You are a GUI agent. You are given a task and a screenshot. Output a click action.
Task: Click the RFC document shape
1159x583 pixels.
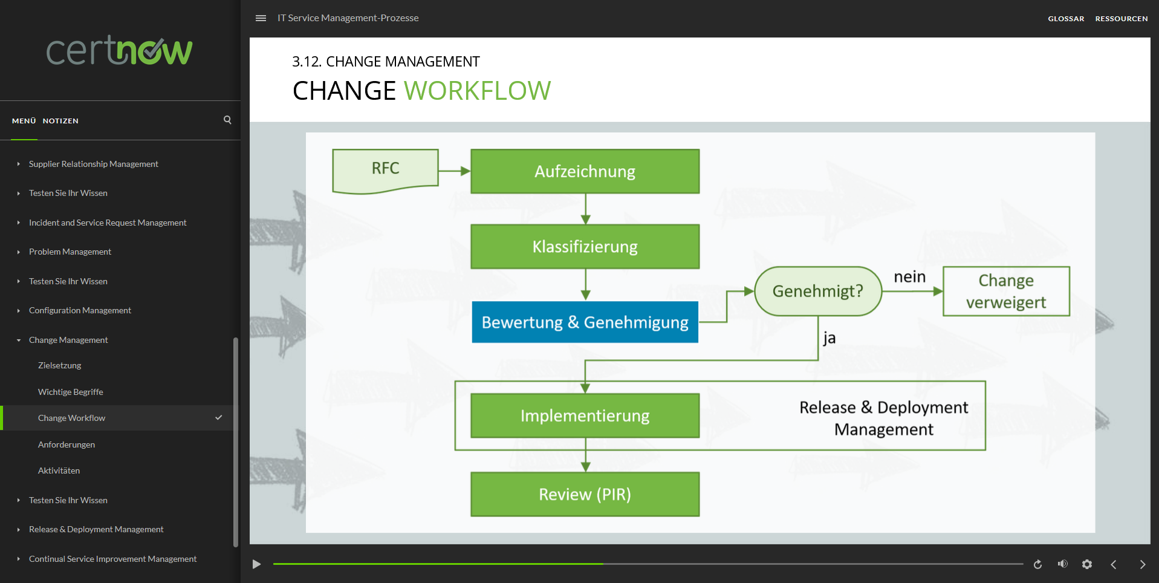[x=385, y=170]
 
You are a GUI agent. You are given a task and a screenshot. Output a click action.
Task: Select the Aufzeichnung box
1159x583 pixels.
[x=585, y=172]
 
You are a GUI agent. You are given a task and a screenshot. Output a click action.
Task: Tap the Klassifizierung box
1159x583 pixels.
[x=585, y=247]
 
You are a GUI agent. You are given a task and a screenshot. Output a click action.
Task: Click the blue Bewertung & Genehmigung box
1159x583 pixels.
[x=585, y=322]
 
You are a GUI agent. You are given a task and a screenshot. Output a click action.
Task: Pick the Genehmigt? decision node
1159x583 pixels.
[x=817, y=291]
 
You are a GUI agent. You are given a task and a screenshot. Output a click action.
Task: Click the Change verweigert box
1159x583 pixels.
[x=1005, y=291]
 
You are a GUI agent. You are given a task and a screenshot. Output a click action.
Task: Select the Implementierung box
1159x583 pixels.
[x=585, y=416]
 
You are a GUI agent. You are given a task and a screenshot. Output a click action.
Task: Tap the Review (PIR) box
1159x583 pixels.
[x=585, y=495]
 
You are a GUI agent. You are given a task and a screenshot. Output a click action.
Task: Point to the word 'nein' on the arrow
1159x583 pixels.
[x=909, y=277]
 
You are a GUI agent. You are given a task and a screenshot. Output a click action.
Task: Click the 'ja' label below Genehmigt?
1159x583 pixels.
[x=829, y=338]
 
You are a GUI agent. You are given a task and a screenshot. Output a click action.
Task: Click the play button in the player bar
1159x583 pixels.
[x=256, y=564]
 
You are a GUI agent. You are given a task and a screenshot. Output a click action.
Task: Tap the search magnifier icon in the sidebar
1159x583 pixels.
[x=227, y=120]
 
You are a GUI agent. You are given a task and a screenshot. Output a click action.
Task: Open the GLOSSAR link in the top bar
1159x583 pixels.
[x=1065, y=19]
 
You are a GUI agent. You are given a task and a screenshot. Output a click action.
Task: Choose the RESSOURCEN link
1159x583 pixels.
[x=1121, y=19]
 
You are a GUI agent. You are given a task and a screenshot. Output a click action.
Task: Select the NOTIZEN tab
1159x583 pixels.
[x=60, y=121]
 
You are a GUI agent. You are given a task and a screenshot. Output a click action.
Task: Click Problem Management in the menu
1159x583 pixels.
[x=70, y=252]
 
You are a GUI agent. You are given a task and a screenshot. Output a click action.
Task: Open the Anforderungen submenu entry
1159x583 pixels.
[x=67, y=445]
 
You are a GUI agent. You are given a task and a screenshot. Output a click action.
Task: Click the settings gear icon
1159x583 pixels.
[x=1086, y=564]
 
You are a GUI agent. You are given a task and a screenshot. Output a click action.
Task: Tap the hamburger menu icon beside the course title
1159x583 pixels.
[x=261, y=18]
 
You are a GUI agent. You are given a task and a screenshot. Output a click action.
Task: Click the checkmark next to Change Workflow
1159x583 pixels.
[x=218, y=418]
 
